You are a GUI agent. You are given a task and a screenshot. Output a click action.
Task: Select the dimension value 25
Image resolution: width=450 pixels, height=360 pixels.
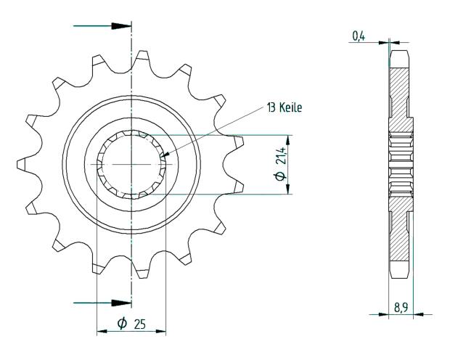(x=139, y=323)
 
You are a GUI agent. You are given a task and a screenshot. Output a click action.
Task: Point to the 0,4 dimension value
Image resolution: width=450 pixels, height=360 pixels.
(x=358, y=35)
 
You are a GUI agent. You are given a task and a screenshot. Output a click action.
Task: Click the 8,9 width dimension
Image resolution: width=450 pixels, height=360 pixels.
(x=400, y=308)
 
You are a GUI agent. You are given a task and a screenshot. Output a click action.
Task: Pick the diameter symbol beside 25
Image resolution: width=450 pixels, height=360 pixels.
(x=122, y=323)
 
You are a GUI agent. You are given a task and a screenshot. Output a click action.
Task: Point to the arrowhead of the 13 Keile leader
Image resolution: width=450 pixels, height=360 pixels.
(x=164, y=155)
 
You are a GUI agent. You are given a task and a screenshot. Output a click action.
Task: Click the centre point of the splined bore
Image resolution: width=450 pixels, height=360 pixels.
(x=131, y=164)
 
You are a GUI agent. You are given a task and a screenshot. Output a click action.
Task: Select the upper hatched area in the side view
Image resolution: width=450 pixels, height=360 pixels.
(x=399, y=91)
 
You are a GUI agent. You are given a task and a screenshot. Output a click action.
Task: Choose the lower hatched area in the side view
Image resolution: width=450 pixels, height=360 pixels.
(x=399, y=236)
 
